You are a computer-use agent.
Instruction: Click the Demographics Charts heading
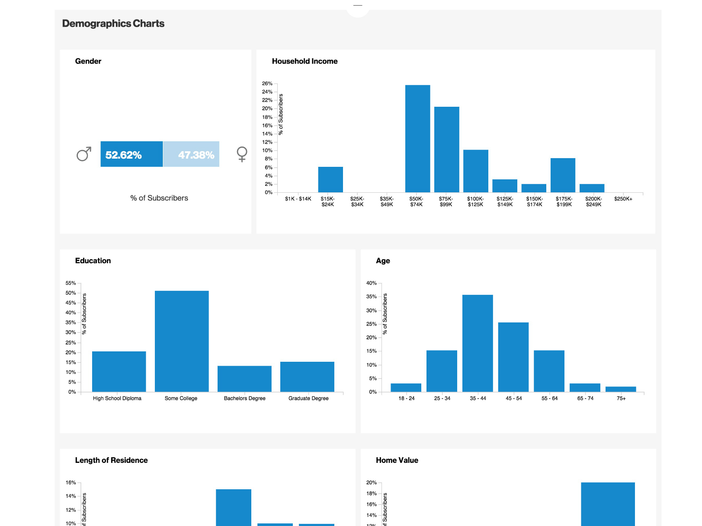tap(113, 24)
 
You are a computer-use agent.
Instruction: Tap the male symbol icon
tap(84, 154)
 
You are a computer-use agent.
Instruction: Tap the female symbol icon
tap(242, 154)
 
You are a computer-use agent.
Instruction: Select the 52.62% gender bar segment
tap(131, 154)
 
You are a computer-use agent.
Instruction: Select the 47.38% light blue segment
tap(191, 154)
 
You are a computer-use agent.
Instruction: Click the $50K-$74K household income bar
tap(417, 139)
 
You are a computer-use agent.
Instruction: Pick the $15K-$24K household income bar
tap(330, 180)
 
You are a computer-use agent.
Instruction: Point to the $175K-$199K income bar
tap(563, 175)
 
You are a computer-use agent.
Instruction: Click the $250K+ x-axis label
tap(623, 199)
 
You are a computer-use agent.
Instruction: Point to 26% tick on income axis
tap(267, 83)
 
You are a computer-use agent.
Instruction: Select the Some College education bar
tap(182, 341)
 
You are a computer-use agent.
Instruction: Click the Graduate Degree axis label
tap(308, 398)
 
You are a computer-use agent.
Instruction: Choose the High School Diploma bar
tap(119, 372)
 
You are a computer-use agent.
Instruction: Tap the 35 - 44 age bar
tap(478, 344)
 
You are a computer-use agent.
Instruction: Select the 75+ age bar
tap(621, 389)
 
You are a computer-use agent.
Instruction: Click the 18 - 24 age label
tap(406, 398)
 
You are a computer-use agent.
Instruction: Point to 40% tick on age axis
tap(371, 283)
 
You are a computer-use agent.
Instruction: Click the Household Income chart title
tap(305, 61)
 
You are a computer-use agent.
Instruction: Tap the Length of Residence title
tap(111, 460)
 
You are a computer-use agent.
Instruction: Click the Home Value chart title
tap(397, 460)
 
